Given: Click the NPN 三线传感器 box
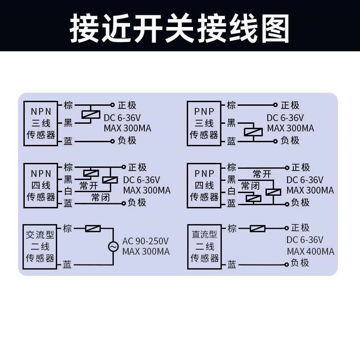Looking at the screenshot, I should [40, 123].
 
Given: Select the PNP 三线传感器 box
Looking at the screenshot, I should [204, 123].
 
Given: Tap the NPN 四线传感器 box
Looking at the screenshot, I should [40, 185].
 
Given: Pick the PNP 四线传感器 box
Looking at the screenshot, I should [204, 185].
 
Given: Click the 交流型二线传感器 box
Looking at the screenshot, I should [40, 247].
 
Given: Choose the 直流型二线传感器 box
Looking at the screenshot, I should [204, 247].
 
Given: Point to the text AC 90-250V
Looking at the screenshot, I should [145, 241].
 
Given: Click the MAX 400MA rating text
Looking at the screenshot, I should [310, 252].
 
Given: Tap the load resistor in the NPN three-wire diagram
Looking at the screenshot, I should [90, 114].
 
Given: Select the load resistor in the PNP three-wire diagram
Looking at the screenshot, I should [253, 132].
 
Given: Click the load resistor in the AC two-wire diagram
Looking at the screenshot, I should [93, 229].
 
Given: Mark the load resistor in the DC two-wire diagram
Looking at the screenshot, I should [257, 229].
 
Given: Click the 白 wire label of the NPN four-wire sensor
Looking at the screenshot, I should [68, 191].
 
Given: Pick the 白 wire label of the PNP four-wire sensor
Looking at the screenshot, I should [231, 191].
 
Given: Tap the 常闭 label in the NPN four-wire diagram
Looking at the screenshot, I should [100, 198].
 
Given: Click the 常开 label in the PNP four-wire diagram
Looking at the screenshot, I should [262, 174].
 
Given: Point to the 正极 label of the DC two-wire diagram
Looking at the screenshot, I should [300, 228].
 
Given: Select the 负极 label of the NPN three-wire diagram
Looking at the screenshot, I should [127, 140].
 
